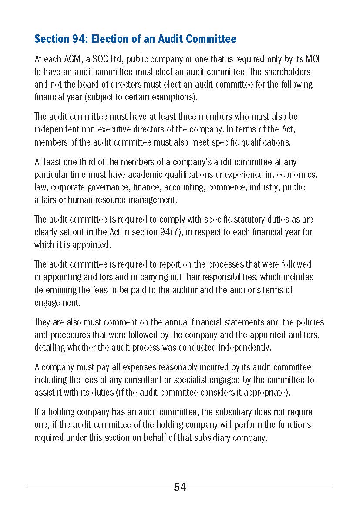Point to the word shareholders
point(289,72)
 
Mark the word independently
point(244,348)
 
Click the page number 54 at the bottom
point(180,488)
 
